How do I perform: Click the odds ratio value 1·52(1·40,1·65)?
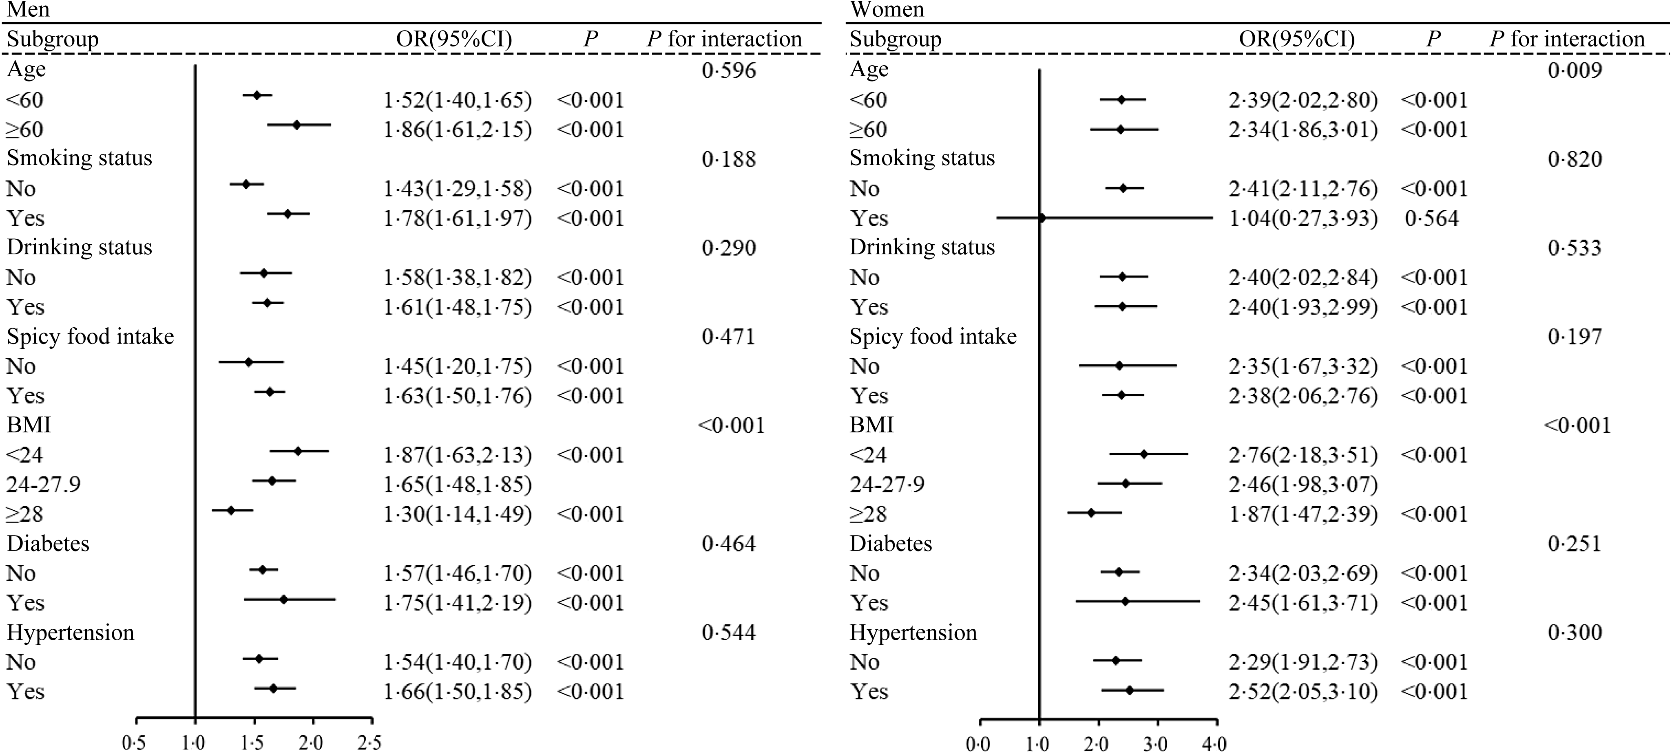pos(458,100)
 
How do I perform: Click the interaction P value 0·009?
pos(1575,70)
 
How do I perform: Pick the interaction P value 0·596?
pos(729,70)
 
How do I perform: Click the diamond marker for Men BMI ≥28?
pos(230,511)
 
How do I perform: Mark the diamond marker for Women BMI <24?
pos(1143,454)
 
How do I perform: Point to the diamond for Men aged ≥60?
pos(296,125)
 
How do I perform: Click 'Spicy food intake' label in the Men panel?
pos(90,337)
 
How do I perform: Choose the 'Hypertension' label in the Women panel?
pos(913,633)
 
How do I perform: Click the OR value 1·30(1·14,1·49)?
pos(458,514)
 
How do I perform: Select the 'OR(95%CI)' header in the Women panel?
pos(1297,40)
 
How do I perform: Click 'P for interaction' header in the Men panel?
pos(724,40)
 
